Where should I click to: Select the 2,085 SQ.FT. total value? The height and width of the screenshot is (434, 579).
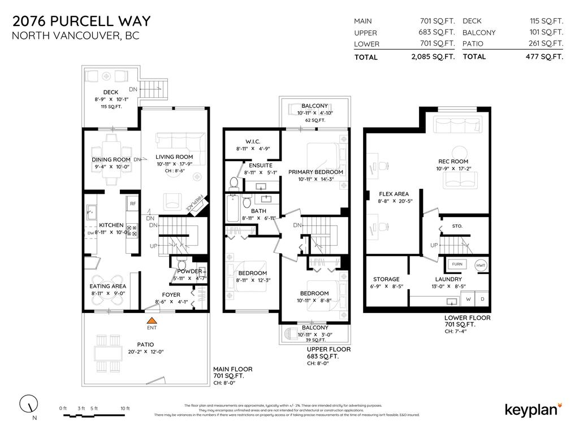433,57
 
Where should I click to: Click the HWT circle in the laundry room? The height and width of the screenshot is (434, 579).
481,265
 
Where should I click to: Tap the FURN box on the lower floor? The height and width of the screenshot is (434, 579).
457,264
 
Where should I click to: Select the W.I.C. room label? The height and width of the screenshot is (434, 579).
252,141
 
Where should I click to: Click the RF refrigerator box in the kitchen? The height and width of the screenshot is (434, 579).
133,203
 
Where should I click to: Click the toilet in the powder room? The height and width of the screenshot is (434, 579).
182,265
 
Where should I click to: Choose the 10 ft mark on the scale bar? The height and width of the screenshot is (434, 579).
125,409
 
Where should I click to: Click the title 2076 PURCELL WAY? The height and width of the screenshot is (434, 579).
82,21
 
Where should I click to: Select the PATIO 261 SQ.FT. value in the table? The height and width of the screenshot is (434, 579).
545,44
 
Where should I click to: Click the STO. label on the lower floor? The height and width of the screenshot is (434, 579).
457,226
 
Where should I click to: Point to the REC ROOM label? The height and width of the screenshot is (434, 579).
453,161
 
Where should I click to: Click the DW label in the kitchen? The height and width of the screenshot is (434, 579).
90,232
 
